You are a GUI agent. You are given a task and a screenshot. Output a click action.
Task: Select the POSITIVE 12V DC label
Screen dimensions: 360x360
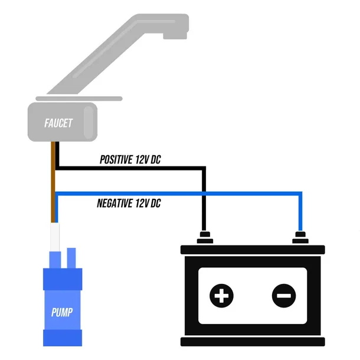(130, 159)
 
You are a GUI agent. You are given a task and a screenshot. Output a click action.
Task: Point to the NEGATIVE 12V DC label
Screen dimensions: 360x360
(129, 204)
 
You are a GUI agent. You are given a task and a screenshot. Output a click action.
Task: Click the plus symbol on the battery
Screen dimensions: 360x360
(222, 294)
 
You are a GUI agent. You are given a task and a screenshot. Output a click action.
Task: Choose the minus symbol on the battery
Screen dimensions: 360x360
(284, 294)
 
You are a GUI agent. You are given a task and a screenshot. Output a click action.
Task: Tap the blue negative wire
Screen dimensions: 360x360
(177, 193)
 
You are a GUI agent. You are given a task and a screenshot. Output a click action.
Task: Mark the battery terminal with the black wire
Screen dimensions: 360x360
(204, 238)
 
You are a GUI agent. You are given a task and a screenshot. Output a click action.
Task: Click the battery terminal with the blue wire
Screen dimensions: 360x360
(300, 238)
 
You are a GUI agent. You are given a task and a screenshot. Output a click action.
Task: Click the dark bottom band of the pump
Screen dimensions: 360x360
(61, 338)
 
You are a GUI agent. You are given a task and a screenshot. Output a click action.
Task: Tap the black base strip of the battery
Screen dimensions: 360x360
(253, 342)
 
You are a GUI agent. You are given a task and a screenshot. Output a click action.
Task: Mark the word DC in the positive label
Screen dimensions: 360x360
(155, 159)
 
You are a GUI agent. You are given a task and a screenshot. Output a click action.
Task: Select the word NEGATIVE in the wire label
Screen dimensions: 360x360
(115, 204)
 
